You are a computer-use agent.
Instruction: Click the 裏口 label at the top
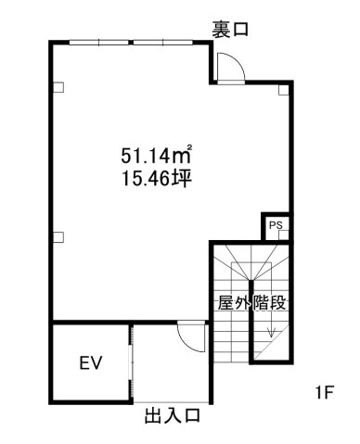pos(230,30)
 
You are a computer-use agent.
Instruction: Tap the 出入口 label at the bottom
pos(173,415)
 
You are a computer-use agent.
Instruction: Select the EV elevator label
pos(90,362)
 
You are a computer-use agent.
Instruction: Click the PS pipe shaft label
pos(276,225)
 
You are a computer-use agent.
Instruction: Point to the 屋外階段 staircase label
pos(251,303)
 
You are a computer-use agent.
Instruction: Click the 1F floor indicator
pos(324,393)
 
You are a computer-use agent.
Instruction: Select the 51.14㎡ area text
pos(156,155)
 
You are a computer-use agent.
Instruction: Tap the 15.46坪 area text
pos(156,179)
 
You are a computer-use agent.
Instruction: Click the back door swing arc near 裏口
pos(238,62)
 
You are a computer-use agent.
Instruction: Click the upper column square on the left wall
pos(58,87)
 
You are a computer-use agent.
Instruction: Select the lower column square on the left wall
pos(58,237)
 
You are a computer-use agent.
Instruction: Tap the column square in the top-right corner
pos(283,90)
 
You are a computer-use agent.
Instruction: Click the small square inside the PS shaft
pos(284,235)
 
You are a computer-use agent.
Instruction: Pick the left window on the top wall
pos(98,43)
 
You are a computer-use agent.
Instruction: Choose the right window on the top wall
pos(163,43)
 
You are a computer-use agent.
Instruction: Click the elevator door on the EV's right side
pos(132,364)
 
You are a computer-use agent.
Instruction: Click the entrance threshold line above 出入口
pos(171,402)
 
